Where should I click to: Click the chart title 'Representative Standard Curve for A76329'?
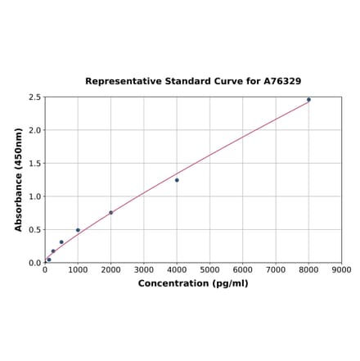pos(193,82)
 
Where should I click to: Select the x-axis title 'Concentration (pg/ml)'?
pos(193,283)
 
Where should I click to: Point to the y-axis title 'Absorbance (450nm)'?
pos(19,179)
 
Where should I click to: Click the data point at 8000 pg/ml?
pos(308,100)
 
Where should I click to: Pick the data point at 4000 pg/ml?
pos(177,180)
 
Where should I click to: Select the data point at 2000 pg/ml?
pos(111,213)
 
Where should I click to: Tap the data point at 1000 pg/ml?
pos(79,230)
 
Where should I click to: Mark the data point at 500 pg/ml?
pos(61,242)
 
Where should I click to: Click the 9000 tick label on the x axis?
pos(341,269)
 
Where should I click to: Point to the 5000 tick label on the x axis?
pos(209,269)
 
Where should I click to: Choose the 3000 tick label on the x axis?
pos(144,269)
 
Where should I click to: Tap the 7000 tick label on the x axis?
pos(276,269)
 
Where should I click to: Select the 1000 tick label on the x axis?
pos(78,269)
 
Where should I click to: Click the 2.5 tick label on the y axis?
pos(35,97)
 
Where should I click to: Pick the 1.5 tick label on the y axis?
pos(35,164)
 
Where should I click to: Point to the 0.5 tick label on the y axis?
pos(35,230)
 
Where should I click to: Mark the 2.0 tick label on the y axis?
pos(35,130)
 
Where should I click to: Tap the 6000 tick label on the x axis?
pos(243,269)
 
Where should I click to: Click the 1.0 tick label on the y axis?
pos(35,196)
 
